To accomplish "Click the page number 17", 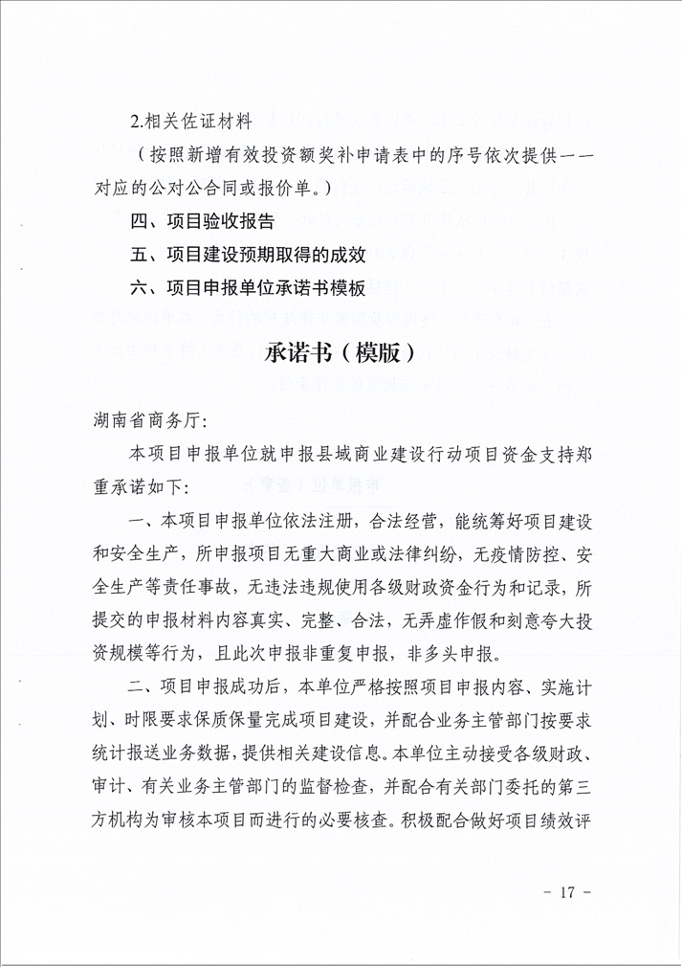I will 566,892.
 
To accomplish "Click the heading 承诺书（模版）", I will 340,352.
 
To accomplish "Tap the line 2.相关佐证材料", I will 191,123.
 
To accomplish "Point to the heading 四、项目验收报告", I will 203,222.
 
